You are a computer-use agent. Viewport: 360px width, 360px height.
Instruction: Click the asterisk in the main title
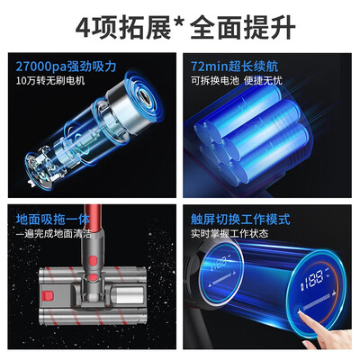[x=181, y=23]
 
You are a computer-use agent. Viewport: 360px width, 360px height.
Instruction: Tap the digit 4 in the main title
[x=83, y=28]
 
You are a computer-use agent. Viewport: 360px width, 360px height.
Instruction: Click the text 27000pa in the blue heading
[x=41, y=67]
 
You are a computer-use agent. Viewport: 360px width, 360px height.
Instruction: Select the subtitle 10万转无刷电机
[x=50, y=80]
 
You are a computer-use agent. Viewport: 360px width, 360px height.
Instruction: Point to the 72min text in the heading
[x=210, y=67]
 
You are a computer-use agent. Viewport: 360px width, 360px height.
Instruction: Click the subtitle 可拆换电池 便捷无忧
[x=237, y=80]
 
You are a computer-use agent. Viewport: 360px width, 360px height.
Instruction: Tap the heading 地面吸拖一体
[x=53, y=220]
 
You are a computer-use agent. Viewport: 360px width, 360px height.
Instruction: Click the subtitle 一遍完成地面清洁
[x=54, y=233]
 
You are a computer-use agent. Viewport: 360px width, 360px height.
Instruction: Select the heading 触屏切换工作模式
[x=240, y=220]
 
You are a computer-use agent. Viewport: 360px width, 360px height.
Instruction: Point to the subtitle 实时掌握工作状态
[x=229, y=233]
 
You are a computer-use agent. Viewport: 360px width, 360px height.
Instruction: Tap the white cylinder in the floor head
[x=128, y=295]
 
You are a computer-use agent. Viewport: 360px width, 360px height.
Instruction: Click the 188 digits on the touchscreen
[x=313, y=278]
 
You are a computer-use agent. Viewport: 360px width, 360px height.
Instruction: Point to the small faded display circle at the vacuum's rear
[x=222, y=274]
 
